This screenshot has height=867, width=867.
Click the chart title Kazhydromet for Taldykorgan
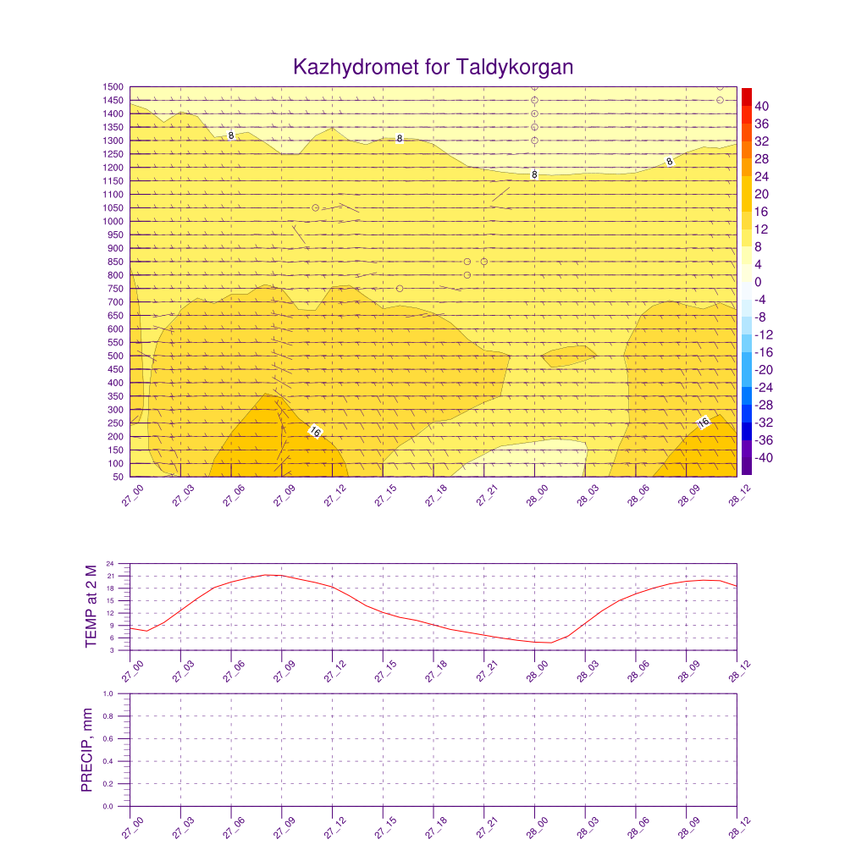(x=433, y=67)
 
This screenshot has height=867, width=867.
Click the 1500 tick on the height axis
(x=114, y=87)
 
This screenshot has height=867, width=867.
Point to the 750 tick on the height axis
(x=116, y=289)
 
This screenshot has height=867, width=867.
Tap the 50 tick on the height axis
(x=119, y=478)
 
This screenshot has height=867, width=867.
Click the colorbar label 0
(x=758, y=282)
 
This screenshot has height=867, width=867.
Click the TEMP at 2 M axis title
(x=91, y=606)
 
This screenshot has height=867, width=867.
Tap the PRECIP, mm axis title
(x=86, y=750)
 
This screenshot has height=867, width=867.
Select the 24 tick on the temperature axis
(x=122, y=564)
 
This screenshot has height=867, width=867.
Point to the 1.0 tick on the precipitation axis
(x=120, y=693)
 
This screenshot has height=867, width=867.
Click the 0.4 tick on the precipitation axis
(x=120, y=761)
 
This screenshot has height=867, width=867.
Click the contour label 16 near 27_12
(x=315, y=432)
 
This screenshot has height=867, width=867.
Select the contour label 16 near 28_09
(x=703, y=422)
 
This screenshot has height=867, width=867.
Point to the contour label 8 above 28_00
(x=534, y=174)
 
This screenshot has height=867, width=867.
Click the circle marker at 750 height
(x=400, y=289)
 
